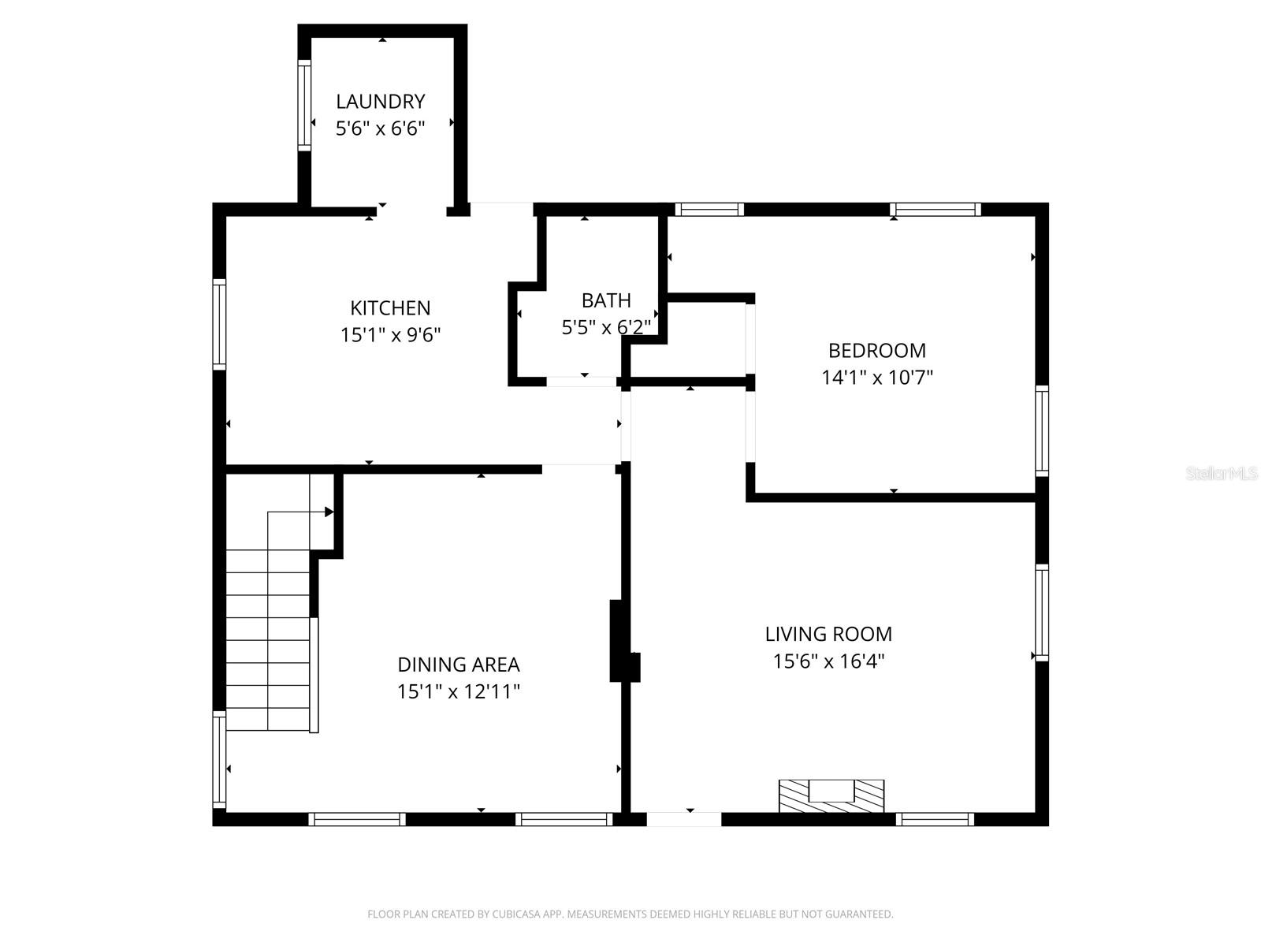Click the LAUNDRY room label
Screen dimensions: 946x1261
click(381, 102)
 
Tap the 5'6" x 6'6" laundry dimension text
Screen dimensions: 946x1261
click(381, 128)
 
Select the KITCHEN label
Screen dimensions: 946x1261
click(390, 307)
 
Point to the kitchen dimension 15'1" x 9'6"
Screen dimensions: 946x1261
click(390, 335)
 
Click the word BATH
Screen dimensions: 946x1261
click(606, 300)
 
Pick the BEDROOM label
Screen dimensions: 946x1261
click(876, 350)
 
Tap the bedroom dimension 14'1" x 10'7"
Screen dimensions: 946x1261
click(876, 378)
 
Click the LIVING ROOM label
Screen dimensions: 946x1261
click(828, 634)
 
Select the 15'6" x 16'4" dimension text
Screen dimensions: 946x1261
click(828, 661)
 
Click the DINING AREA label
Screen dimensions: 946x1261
click(458, 665)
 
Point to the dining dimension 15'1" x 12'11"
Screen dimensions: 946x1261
click(458, 692)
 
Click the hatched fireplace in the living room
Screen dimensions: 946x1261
click(831, 795)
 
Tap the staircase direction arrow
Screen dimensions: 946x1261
click(329, 512)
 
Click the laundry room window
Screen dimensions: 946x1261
click(303, 105)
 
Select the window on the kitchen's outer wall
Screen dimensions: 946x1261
click(219, 323)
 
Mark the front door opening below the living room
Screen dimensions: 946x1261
click(683, 819)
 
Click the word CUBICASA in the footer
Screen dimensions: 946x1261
click(516, 914)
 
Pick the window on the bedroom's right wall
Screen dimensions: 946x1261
click(1042, 430)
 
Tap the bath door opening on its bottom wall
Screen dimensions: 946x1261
click(582, 382)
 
